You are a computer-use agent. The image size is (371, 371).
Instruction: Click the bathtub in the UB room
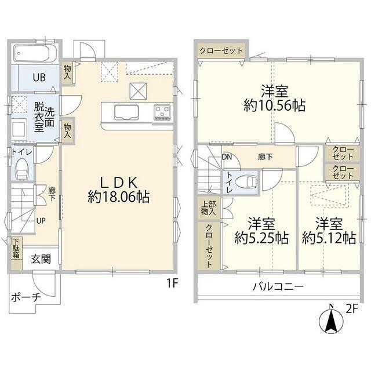[35, 53]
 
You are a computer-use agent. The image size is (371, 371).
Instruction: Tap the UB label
[39, 77]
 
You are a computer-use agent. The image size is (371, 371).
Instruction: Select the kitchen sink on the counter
[126, 112]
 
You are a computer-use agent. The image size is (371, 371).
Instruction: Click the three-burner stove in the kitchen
[162, 112]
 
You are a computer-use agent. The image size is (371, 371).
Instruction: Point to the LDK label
[118, 183]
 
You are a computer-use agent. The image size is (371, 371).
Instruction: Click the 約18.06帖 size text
[118, 197]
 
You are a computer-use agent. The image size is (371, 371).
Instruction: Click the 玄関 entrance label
[41, 259]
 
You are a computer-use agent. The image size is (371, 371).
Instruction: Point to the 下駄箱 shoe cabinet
[17, 253]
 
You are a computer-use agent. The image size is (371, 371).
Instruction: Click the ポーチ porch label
[26, 297]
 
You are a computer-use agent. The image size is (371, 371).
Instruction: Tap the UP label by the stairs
[41, 221]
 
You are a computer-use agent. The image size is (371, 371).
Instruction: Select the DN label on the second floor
[227, 157]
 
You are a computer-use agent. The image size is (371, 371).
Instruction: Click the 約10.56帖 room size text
[274, 106]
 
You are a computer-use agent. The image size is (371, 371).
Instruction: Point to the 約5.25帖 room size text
[261, 238]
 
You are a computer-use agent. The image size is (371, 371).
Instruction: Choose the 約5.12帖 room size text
[329, 238]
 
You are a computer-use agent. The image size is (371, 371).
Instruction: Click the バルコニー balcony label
[278, 287]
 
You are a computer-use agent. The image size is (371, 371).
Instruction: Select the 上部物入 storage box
[209, 208]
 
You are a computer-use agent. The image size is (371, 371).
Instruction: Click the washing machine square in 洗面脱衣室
[19, 128]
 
